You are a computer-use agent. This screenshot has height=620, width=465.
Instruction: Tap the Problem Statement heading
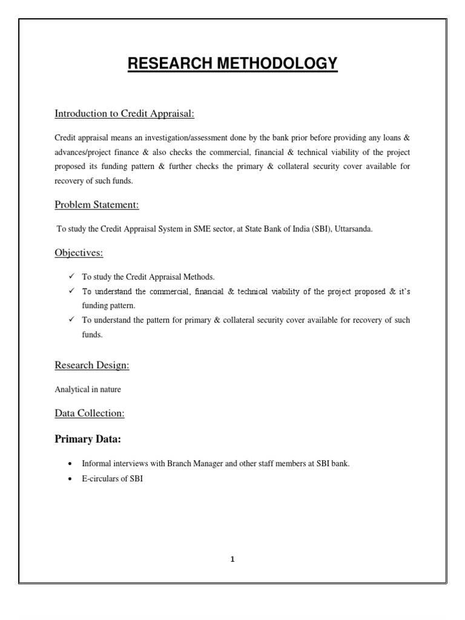coord(97,205)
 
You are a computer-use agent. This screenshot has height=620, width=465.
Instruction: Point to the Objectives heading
coord(79,253)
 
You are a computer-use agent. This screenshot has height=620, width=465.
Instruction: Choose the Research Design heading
coord(92,365)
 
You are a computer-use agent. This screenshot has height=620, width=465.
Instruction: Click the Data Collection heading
coord(90,413)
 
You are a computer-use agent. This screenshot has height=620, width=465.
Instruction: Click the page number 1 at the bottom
coord(232,559)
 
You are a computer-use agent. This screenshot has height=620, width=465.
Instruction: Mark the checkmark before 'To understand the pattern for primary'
coord(71,319)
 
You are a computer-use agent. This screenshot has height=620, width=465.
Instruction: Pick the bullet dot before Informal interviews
coord(71,464)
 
